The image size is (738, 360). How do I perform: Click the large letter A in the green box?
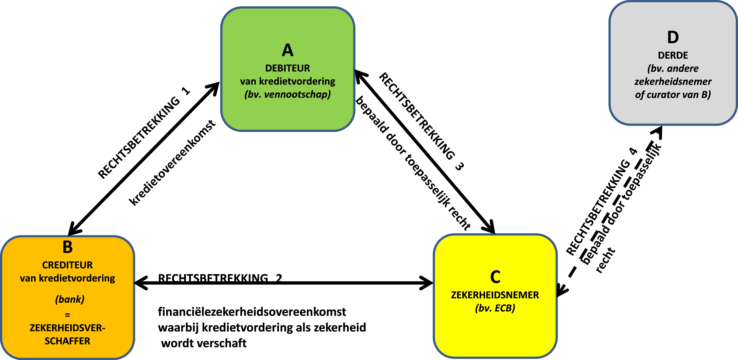click(x=288, y=50)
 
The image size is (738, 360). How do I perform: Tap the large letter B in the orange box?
click(x=68, y=247)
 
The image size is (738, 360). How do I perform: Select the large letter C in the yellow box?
click(x=495, y=277)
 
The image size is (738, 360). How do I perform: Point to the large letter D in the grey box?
click(x=673, y=38)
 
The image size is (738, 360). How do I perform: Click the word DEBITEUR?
click(x=288, y=68)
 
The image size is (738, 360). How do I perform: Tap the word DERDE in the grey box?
click(x=673, y=55)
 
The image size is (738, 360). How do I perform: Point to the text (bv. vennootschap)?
click(x=288, y=94)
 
